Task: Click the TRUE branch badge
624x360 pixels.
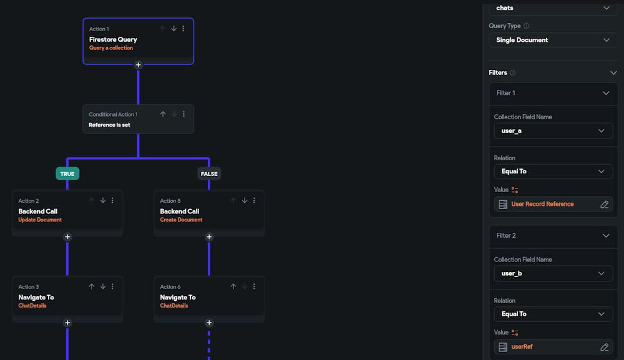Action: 67,173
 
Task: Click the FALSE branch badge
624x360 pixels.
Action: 209,173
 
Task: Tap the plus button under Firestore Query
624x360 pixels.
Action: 139,65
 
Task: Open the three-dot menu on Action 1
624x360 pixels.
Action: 184,29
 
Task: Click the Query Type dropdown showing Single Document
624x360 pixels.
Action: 552,40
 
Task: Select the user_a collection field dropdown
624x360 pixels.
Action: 552,131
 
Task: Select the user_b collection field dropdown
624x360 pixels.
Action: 552,273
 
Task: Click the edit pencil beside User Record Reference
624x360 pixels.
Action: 604,204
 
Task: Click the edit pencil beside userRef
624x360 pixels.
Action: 604,347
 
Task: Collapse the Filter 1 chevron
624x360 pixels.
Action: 605,93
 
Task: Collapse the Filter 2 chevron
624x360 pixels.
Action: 605,236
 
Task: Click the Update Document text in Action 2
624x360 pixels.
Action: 40,220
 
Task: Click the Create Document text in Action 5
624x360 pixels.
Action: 181,220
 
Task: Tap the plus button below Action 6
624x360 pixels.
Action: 209,323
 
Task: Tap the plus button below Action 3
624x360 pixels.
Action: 67,323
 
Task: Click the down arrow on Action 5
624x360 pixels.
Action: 245,201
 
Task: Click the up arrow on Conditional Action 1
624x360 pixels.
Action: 163,114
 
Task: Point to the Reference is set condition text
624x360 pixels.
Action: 109,125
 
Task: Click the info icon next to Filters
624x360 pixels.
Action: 512,73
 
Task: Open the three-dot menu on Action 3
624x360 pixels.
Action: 112,287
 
